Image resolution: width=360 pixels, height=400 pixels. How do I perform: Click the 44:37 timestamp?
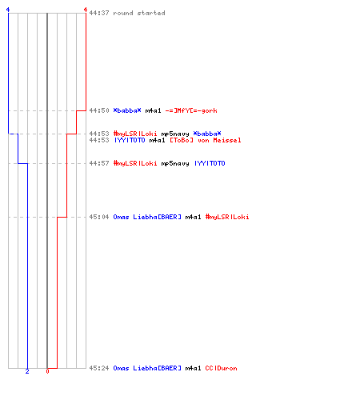click(x=99, y=13)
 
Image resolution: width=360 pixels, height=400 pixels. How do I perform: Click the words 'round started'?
click(x=139, y=13)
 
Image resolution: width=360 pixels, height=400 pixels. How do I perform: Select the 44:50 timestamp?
click(x=99, y=110)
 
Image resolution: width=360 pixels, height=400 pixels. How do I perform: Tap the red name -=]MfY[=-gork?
click(x=191, y=110)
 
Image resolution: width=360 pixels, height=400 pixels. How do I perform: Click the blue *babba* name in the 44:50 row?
click(x=127, y=110)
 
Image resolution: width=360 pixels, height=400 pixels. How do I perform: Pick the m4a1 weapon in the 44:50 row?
click(x=153, y=110)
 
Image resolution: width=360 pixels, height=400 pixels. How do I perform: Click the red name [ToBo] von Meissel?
click(x=206, y=140)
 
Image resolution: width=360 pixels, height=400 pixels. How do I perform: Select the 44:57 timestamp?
click(x=99, y=163)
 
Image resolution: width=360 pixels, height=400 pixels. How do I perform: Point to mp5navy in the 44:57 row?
click(x=175, y=163)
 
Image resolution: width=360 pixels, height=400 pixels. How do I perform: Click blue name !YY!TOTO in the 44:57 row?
click(x=210, y=163)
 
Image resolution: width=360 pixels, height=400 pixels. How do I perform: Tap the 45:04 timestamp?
click(x=99, y=217)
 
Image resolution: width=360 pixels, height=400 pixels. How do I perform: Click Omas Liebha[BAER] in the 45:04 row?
click(x=147, y=217)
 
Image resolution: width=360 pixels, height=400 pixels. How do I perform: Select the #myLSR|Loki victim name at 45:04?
click(x=227, y=217)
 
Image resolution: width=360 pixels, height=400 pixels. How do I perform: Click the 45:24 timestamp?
click(x=99, y=368)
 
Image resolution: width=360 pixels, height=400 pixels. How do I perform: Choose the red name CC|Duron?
click(x=221, y=368)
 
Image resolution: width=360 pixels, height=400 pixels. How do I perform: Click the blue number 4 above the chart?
click(x=8, y=10)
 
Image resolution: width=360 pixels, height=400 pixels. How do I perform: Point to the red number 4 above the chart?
click(x=86, y=10)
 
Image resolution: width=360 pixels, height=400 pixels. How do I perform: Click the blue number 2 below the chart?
click(x=27, y=371)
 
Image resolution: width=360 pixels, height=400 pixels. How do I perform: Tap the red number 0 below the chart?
click(x=47, y=371)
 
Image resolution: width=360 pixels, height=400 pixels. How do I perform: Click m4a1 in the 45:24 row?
click(x=193, y=368)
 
